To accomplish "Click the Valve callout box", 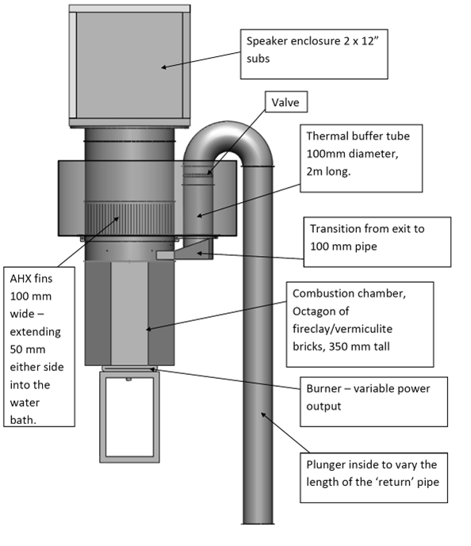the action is tap(286, 101).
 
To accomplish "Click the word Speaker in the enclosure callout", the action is tap(267, 41).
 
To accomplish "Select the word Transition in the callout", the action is tap(335, 229).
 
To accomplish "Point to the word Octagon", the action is tap(320, 311).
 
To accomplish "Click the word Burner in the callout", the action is tap(324, 388).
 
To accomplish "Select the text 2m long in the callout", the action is tap(328, 171).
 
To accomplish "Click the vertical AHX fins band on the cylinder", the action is tap(129, 220).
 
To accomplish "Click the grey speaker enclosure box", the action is tap(129, 66).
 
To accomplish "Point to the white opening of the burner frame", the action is tap(129, 417).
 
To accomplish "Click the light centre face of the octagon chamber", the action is tap(129, 313).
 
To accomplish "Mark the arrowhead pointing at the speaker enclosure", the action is tap(163, 67).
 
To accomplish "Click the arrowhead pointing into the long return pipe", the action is tap(264, 415).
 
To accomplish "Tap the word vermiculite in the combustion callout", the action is tap(366, 329).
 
